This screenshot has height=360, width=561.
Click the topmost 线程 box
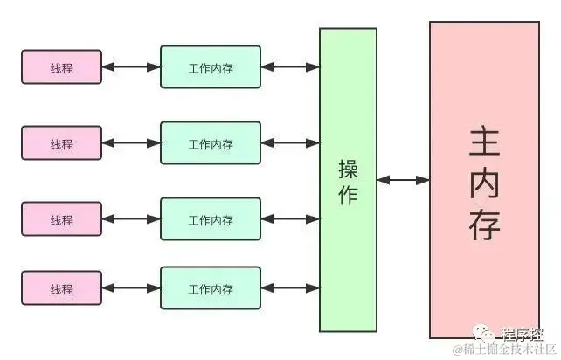pyautogui.click(x=61, y=66)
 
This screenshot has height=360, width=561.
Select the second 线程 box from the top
pyautogui.click(x=61, y=143)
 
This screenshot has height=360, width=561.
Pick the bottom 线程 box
pyautogui.click(x=61, y=288)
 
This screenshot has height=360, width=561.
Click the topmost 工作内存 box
pyautogui.click(x=211, y=66)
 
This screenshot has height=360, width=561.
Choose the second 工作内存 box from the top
pyautogui.click(x=211, y=143)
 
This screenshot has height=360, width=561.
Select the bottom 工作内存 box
pyautogui.click(x=211, y=288)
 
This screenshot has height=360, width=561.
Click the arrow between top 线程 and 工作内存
pyautogui.click(x=131, y=66)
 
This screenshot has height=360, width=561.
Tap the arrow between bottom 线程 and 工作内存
pyautogui.click(x=131, y=288)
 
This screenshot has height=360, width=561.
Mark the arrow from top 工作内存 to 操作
pyautogui.click(x=290, y=66)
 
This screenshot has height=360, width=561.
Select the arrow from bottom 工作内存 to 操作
pyautogui.click(x=290, y=288)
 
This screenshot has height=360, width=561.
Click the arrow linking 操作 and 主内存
pyautogui.click(x=403, y=180)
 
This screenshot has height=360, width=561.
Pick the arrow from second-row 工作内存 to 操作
pyautogui.click(x=290, y=143)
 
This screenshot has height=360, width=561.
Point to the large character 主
pyautogui.click(x=484, y=141)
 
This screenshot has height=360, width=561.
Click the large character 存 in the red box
pyautogui.click(x=484, y=225)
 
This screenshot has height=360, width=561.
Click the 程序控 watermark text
pyautogui.click(x=523, y=333)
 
